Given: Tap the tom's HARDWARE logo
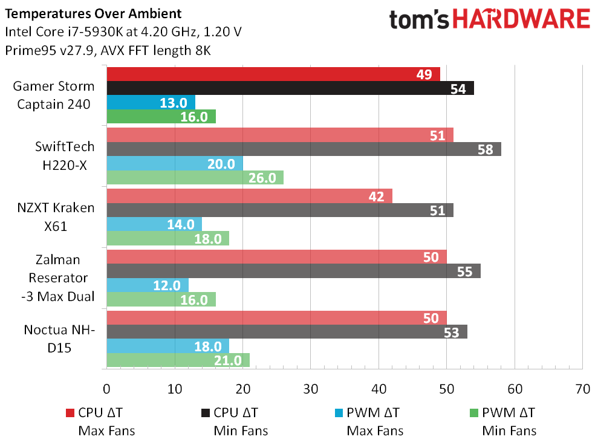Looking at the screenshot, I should [x=489, y=20].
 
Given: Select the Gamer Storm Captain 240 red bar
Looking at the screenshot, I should [x=273, y=74].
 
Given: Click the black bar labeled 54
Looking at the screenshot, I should [x=290, y=88].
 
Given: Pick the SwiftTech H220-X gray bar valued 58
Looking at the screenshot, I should [x=304, y=149].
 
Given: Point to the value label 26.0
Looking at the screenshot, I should [x=263, y=178].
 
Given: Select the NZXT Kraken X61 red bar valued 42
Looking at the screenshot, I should [x=249, y=196].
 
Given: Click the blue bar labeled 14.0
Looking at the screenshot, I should [x=154, y=224].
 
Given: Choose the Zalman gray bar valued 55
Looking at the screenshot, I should [x=293, y=271].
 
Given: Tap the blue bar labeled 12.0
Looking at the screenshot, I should [x=148, y=285].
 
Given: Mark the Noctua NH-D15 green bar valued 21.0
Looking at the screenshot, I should [x=178, y=360].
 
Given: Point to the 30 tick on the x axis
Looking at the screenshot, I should [x=310, y=389].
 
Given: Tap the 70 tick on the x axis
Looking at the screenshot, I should [x=582, y=389].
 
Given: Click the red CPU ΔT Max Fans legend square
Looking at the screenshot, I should [x=69, y=414].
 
